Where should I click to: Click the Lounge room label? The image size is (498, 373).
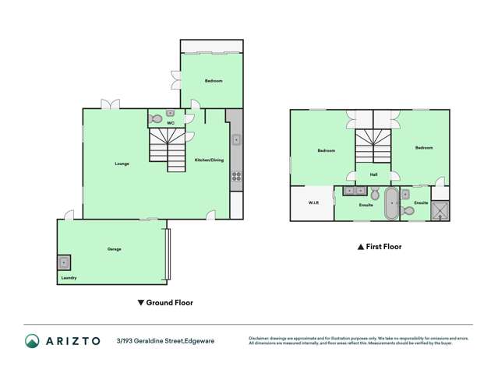point(122,164)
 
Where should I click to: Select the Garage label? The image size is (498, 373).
point(115,249)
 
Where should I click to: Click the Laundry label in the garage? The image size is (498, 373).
point(69,277)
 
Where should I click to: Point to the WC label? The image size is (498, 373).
point(169,123)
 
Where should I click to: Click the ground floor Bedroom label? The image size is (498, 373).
point(214,81)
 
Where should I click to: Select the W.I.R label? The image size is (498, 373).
point(313,203)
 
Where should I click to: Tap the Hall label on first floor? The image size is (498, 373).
point(374,174)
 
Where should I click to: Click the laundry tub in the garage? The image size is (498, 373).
point(64,262)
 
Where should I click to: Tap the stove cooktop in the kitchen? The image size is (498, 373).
point(235,176)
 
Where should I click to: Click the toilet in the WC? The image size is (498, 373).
point(157,119)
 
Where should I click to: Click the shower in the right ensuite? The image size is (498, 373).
point(442,209)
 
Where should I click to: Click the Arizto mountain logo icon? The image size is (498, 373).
point(32,340)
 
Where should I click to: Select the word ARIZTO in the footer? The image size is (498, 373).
point(72,340)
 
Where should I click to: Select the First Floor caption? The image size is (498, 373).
point(380,246)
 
